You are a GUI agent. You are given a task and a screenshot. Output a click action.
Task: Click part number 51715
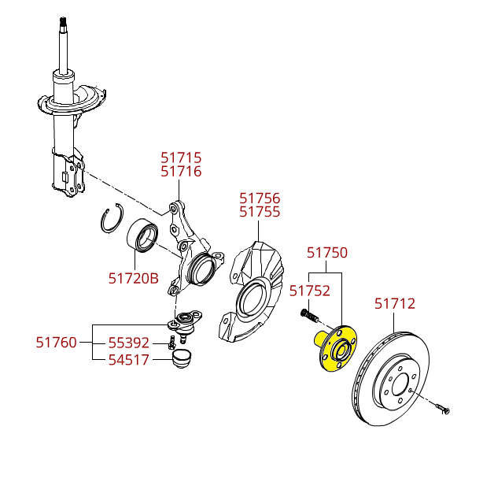(181, 158)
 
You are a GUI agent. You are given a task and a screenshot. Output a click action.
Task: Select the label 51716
(181, 172)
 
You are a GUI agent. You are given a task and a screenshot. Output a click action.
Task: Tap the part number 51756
(260, 198)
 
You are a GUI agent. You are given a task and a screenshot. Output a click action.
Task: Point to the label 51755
(260, 212)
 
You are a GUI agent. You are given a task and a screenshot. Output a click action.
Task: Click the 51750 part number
(326, 253)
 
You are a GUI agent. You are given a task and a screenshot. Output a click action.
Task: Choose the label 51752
(309, 291)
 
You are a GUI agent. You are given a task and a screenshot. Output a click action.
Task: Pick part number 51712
(394, 303)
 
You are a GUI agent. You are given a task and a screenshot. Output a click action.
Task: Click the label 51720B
(133, 278)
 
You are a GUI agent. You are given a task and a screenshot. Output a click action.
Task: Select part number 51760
(56, 343)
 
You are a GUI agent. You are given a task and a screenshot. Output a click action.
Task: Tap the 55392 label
(128, 343)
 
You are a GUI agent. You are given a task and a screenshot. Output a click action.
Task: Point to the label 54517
(128, 360)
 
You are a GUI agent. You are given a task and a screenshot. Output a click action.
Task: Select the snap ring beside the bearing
(112, 219)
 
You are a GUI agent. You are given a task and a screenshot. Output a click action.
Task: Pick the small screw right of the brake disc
(441, 408)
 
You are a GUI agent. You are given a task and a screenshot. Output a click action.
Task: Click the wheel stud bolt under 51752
(308, 316)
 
